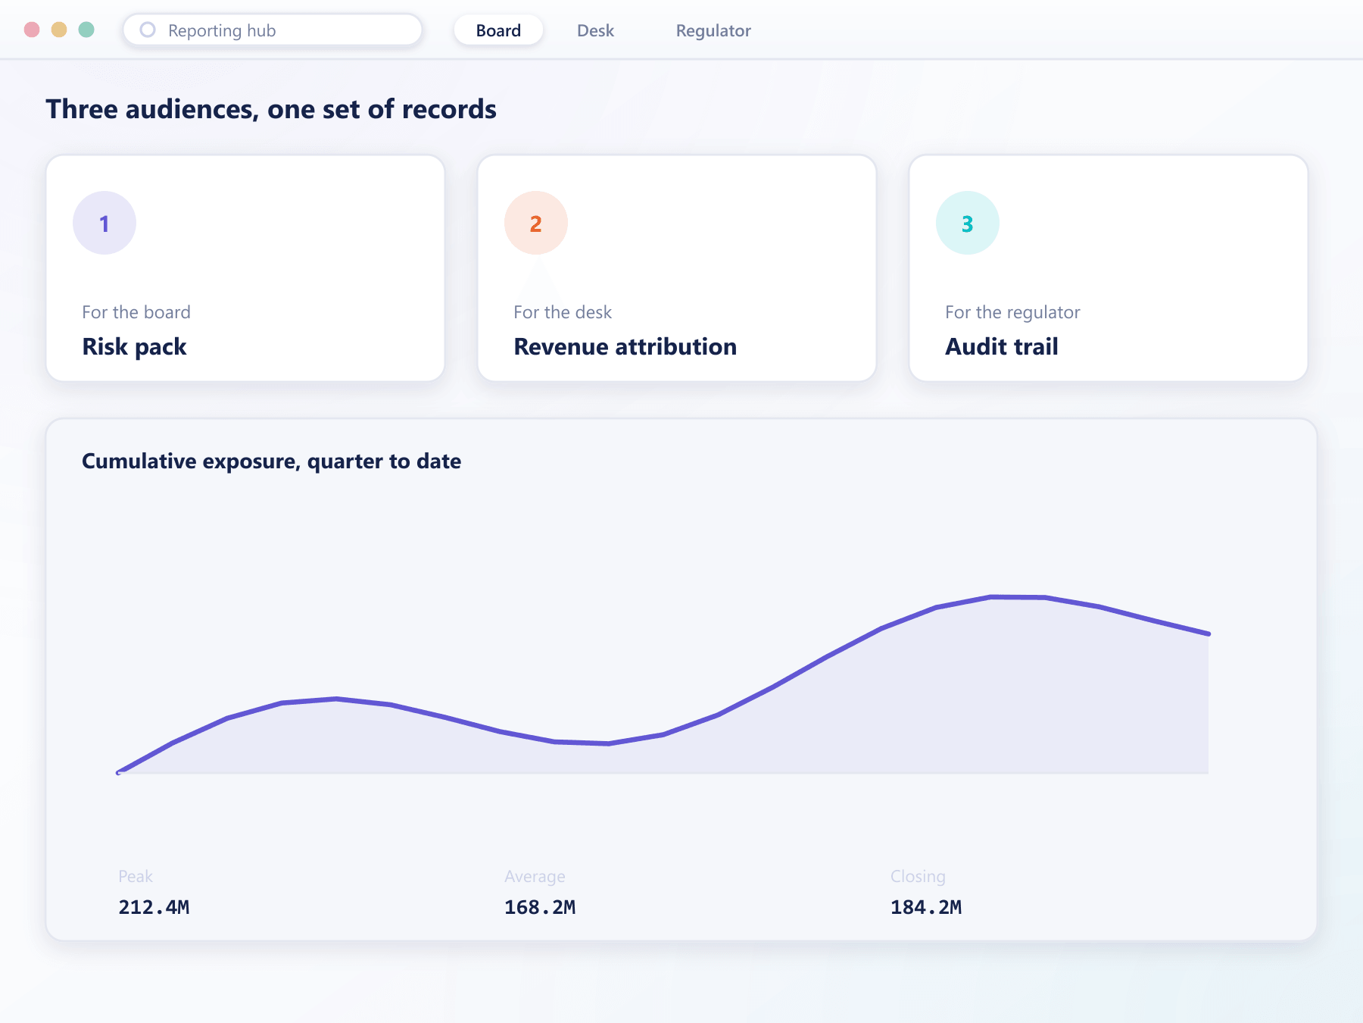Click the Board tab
[498, 30]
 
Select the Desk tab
[595, 30]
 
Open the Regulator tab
[713, 30]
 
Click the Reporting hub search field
[273, 30]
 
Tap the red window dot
[32, 30]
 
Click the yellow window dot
[59, 30]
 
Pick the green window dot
[86, 30]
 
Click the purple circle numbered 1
[104, 223]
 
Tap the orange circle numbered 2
[536, 223]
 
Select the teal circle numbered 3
[968, 223]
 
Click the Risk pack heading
[134, 346]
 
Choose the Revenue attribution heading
[625, 346]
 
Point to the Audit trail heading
[1001, 346]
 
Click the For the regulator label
[1012, 312]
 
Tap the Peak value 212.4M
[154, 907]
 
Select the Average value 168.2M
[540, 907]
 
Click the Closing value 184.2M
[926, 907]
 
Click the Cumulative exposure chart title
[271, 461]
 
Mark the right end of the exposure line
[1209, 634]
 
